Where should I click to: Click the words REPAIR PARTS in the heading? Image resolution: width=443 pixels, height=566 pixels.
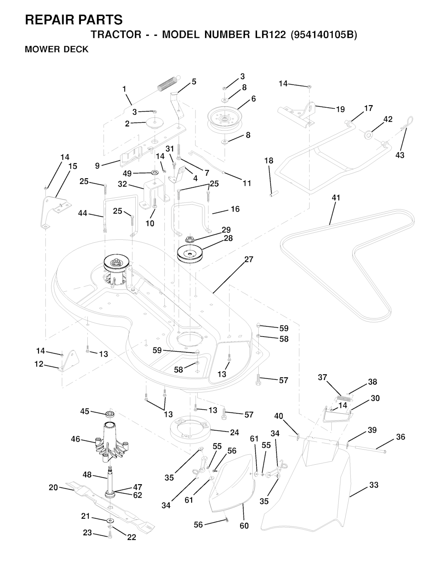click(74, 20)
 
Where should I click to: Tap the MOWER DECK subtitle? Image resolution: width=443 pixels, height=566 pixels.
click(57, 49)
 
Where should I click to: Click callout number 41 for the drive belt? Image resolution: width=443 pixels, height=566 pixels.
click(336, 198)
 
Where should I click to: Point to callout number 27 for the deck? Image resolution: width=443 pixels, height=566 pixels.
click(249, 259)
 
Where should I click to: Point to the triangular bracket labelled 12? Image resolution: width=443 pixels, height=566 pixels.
click(68, 360)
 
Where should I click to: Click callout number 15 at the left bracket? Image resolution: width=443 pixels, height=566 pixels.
click(73, 166)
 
